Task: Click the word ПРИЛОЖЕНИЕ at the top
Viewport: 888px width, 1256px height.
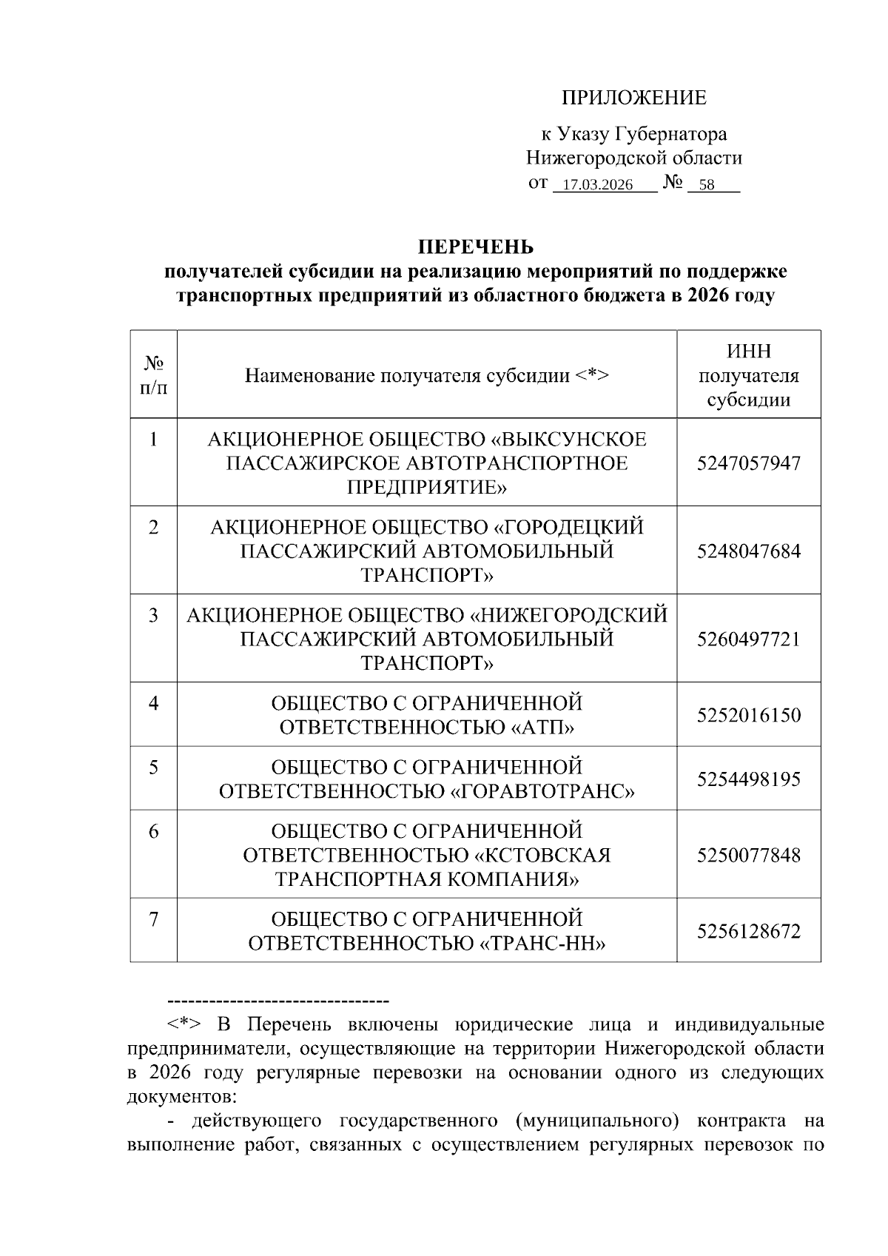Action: pyautogui.click(x=633, y=98)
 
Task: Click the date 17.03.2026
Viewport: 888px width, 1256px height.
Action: pyautogui.click(x=597, y=185)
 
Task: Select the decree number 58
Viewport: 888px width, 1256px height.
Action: pyautogui.click(x=706, y=185)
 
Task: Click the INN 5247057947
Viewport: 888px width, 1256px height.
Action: pyautogui.click(x=748, y=463)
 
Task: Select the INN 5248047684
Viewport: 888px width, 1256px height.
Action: pyautogui.click(x=748, y=551)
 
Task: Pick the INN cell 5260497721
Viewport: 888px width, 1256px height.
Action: pyautogui.click(x=748, y=639)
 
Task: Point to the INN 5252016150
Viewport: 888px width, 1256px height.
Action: pyautogui.click(x=748, y=716)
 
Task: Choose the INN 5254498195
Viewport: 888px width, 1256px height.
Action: pyautogui.click(x=748, y=779)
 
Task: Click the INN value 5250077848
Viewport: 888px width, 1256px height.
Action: pyautogui.click(x=748, y=856)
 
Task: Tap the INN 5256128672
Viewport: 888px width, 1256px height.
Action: pyautogui.click(x=748, y=931)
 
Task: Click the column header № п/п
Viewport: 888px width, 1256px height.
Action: pyautogui.click(x=153, y=375)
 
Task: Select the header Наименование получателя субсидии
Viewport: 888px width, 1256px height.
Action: pyautogui.click(x=426, y=375)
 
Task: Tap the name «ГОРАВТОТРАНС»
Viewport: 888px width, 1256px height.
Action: pyautogui.click(x=542, y=792)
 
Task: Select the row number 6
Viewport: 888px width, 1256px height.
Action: pyautogui.click(x=153, y=832)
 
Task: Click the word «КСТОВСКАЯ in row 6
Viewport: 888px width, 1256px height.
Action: pyautogui.click(x=542, y=856)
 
